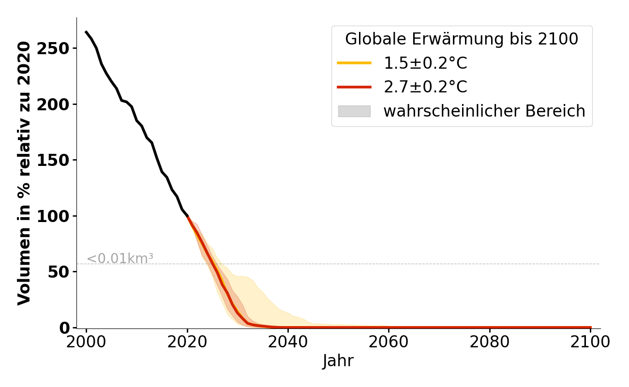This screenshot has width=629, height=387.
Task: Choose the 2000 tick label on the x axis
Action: [86, 342]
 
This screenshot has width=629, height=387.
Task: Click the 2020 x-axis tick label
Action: [187, 342]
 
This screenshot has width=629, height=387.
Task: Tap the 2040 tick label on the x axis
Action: [288, 342]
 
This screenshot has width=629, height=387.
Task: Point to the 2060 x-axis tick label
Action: [389, 342]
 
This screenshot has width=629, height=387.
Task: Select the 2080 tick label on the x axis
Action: [490, 342]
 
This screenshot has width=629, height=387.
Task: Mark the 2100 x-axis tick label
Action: [590, 342]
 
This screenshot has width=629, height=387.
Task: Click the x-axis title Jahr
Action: [338, 361]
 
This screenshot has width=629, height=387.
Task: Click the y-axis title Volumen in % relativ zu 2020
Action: [24, 173]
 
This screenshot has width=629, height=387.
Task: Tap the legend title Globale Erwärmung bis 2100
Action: [462, 39]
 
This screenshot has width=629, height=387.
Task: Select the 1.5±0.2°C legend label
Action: [425, 63]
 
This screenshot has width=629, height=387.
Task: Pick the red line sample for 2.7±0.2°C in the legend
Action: [354, 87]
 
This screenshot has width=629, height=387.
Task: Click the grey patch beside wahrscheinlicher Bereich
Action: [354, 111]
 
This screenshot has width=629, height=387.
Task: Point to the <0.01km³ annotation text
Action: [120, 259]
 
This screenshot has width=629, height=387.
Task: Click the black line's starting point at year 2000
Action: [86, 32]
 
